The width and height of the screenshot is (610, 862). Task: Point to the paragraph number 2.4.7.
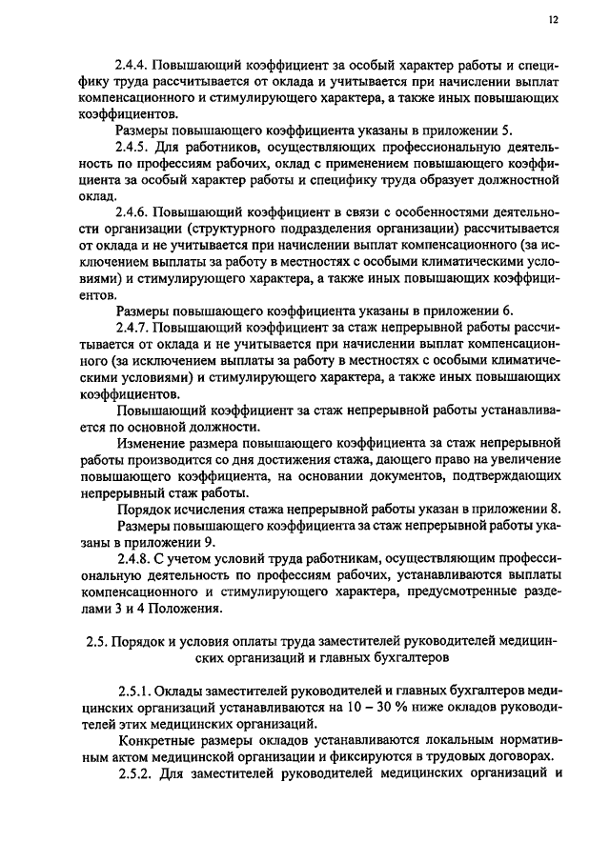pyautogui.click(x=132, y=325)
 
